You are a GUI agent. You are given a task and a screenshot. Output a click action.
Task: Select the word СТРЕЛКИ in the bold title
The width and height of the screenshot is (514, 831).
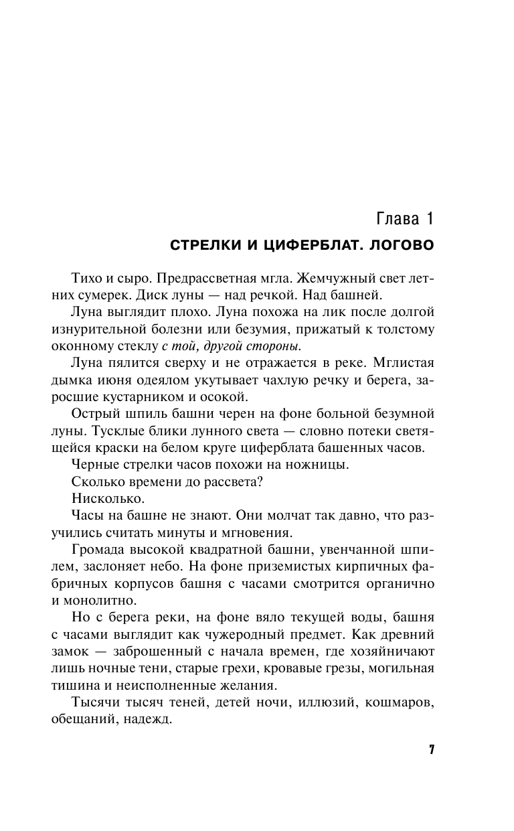click(198, 245)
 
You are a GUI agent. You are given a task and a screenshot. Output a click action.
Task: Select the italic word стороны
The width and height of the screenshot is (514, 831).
click(272, 346)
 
